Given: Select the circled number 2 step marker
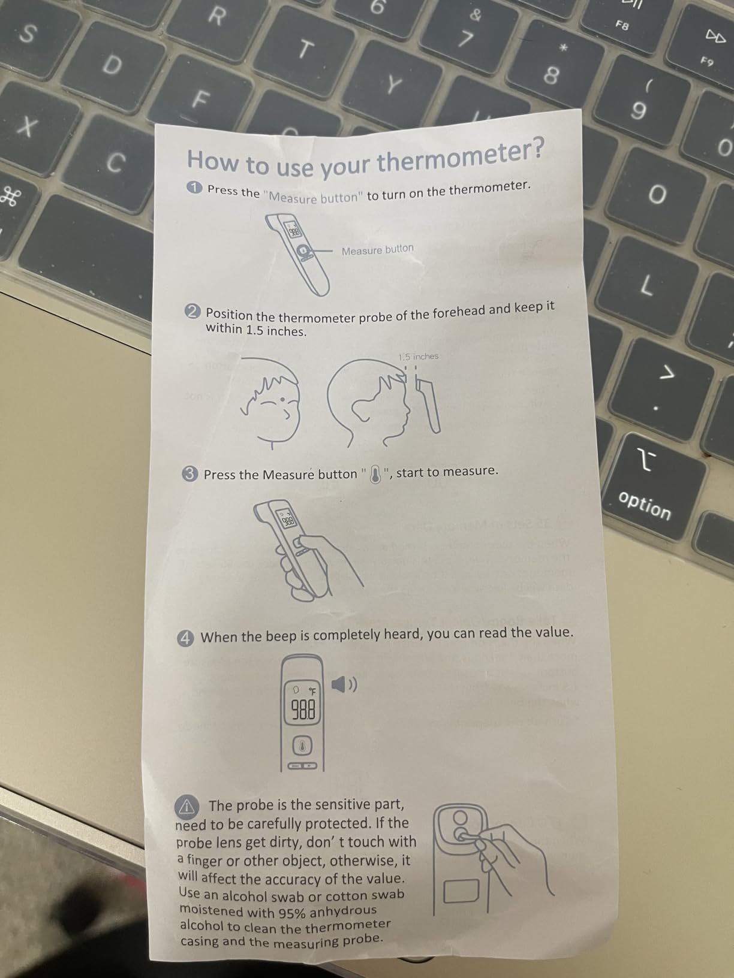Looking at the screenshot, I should [192, 312].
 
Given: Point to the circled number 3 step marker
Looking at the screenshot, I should [190, 474].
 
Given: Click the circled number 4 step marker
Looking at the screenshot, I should [186, 639].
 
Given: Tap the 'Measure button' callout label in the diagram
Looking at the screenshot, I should [377, 249].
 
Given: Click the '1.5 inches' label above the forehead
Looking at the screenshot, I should [419, 357].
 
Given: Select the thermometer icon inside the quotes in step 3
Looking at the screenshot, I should [376, 474].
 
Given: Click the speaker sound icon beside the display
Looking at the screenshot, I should [344, 684].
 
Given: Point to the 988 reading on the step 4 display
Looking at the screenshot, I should [303, 711].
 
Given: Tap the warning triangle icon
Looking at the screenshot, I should [188, 807].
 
